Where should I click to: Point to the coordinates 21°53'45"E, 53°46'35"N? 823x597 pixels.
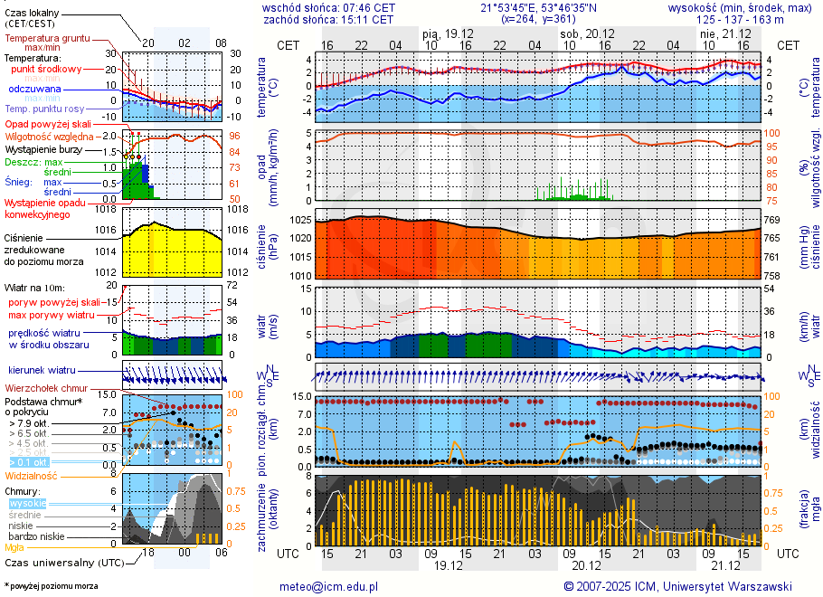tap(532, 7)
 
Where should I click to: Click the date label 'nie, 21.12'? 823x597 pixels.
tap(720, 33)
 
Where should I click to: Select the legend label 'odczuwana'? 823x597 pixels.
tap(34, 90)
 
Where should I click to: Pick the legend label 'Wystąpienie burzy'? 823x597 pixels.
tap(43, 147)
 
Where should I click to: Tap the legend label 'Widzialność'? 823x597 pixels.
tap(32, 474)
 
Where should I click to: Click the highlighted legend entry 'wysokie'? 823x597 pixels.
tap(27, 503)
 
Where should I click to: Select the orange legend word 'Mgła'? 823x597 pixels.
tap(14, 547)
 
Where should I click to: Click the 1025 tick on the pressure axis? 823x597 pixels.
tap(300, 220)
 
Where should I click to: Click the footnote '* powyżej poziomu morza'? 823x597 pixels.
tap(51, 586)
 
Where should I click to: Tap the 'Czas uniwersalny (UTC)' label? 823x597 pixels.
tap(63, 563)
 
